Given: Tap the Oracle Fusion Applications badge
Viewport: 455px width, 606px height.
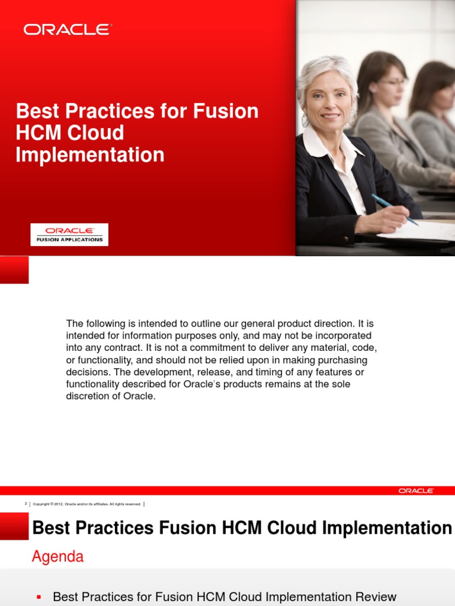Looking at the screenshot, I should [69, 234].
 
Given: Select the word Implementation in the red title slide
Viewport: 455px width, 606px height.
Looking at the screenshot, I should [90, 155].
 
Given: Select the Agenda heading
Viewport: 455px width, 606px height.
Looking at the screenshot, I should [57, 557].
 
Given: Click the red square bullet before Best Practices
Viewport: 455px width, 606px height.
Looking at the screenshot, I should [40, 597].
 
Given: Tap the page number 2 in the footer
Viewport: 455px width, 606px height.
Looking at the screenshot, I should [25, 504].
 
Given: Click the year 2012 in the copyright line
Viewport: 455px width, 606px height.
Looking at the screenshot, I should [57, 504].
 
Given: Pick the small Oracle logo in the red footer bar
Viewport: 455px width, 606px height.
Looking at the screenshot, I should [416, 491].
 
